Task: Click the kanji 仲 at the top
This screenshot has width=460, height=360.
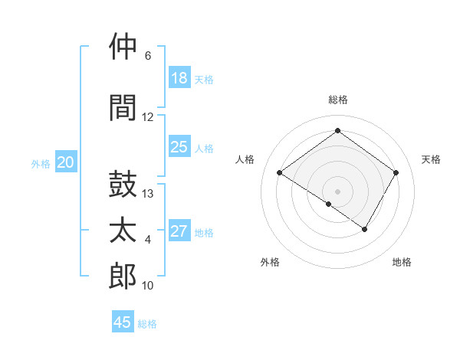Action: pos(123,47)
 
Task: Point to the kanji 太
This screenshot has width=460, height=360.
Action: pos(123,231)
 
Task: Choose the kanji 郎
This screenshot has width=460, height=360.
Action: pos(123,277)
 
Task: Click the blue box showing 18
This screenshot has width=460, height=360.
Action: pos(179,78)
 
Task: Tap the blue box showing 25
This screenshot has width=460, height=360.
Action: pos(179,147)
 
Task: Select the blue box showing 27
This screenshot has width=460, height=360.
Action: pos(179,231)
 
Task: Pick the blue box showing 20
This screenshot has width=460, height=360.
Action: pos(66,162)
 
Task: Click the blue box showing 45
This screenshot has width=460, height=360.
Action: pos(123,322)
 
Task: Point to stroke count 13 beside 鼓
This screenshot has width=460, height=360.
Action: pos(148,194)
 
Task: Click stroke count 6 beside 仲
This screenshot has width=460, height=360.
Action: pos(148,56)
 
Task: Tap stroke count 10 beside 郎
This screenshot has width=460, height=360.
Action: pos(148,286)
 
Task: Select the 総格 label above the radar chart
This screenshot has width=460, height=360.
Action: pos(337,100)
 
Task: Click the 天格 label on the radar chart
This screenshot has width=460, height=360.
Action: pos(431,159)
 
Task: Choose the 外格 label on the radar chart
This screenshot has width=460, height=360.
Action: pos(270,262)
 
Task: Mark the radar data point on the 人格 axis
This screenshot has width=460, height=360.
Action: pos(280,173)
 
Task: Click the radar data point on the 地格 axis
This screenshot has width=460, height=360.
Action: pos(365,229)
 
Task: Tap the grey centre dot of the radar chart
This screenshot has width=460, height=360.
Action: pos(337,191)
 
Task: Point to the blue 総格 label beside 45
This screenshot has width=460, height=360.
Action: pos(147,324)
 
